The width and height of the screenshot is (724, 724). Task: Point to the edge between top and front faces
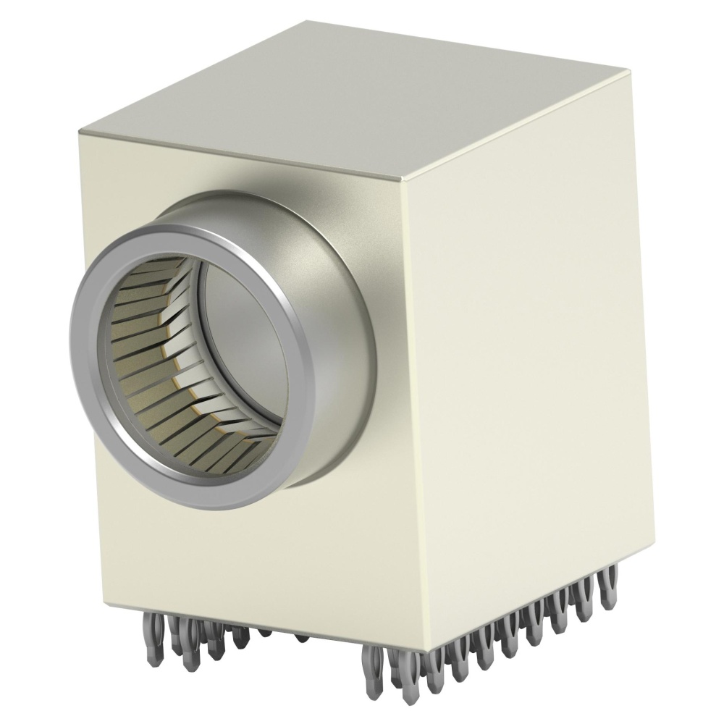pyautogui.click(x=239, y=155)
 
